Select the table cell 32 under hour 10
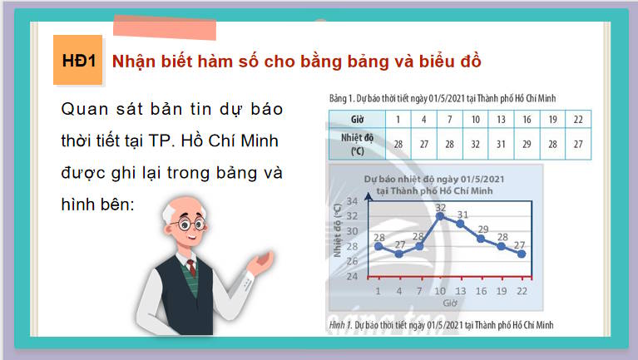(474, 144)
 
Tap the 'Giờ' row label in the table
(355, 119)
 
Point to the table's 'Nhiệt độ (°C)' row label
(355, 143)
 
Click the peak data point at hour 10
(441, 216)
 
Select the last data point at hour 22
(522, 254)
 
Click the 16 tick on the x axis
(481, 291)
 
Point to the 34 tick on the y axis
(352, 202)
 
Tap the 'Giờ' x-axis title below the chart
(450, 303)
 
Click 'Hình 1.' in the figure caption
(340, 324)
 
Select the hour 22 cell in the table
(576, 119)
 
